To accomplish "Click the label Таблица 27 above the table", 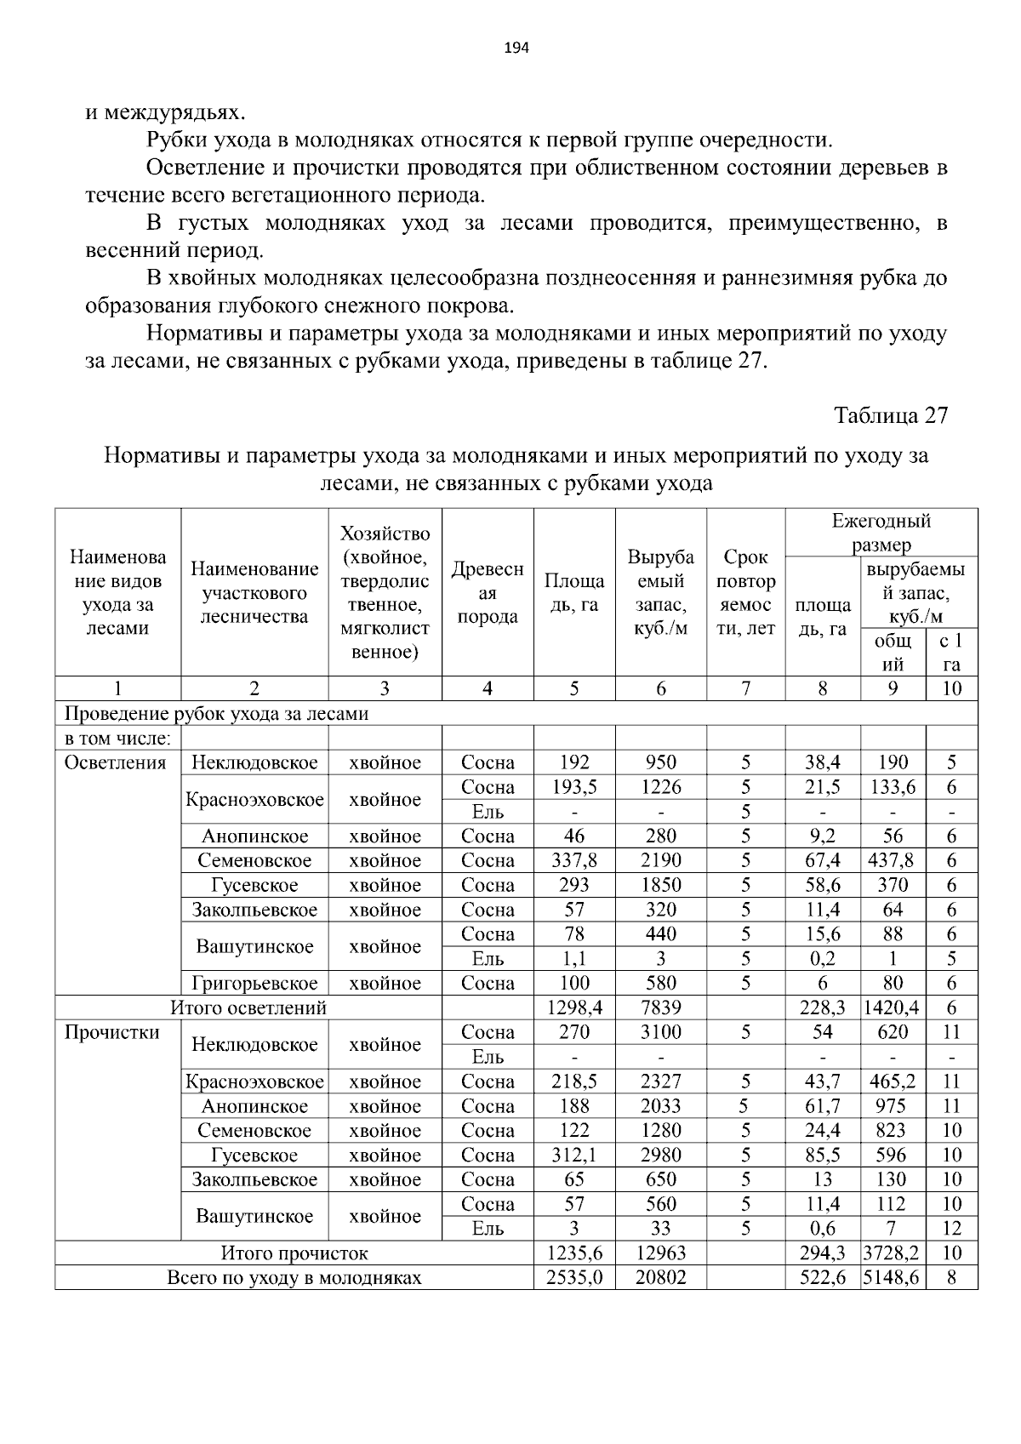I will click(x=890, y=415).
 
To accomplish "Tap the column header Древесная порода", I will click(x=488, y=592).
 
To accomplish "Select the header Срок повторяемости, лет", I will click(x=745, y=592).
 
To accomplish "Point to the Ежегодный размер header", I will click(x=881, y=532).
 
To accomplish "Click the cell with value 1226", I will click(x=660, y=787).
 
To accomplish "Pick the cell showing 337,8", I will click(x=574, y=860).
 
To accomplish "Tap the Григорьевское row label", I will click(x=254, y=983).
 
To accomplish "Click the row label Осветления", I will click(x=116, y=762).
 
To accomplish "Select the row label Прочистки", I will click(x=112, y=1032).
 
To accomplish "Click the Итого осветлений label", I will click(x=248, y=1008).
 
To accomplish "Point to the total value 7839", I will click(x=660, y=1008).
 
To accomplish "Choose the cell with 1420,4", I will click(x=892, y=1008).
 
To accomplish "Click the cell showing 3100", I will click(x=660, y=1032).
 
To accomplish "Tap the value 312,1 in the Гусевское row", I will click(x=574, y=1155).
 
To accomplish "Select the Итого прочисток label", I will click(x=294, y=1253).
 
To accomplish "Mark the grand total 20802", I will click(x=660, y=1277).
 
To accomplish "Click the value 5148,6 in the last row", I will click(x=892, y=1277).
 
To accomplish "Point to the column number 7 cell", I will click(x=745, y=688).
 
